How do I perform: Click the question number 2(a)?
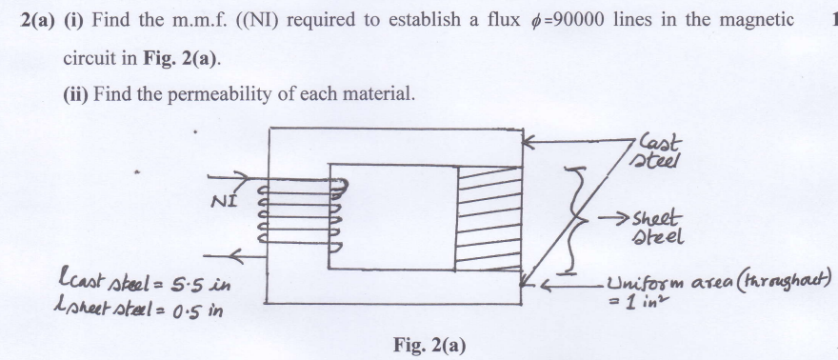click(x=37, y=22)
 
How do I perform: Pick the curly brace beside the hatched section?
click(x=572, y=217)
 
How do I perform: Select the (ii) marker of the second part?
click(x=75, y=95)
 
